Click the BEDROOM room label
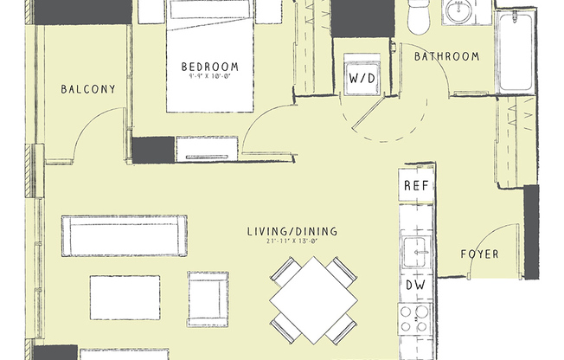(209, 67)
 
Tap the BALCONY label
(87, 88)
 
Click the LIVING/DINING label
(292, 231)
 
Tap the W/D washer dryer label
(361, 78)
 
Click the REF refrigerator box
(415, 186)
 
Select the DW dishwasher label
(415, 285)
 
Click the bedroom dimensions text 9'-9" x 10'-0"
(209, 78)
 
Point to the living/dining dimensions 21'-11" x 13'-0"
(292, 242)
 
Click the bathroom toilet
(418, 17)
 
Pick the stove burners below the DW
(415, 318)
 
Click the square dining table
(313, 301)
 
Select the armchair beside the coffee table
(208, 296)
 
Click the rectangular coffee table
(125, 296)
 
